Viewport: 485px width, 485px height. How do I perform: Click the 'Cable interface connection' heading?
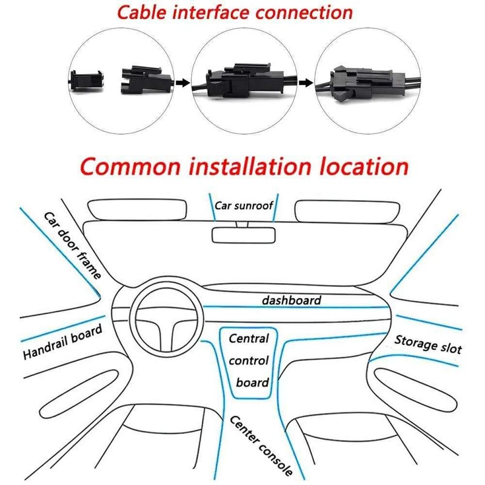235,13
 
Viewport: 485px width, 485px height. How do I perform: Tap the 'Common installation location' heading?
244,167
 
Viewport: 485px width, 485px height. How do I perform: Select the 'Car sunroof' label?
244,206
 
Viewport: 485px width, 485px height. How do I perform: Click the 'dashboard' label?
292,300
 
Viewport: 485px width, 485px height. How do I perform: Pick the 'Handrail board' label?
62,341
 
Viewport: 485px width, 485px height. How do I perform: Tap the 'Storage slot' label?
428,344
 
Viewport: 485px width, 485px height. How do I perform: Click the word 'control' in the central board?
249,361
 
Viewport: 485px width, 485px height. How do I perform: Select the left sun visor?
138,210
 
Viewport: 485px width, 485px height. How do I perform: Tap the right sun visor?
347,212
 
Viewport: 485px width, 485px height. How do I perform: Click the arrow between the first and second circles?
183,82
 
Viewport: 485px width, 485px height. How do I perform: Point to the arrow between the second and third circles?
307,82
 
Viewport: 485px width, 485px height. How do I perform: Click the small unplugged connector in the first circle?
86,81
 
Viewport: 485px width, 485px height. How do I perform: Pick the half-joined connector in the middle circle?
244,81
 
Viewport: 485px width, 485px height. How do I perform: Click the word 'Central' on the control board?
249,338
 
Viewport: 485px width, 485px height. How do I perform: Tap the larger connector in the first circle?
146,80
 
